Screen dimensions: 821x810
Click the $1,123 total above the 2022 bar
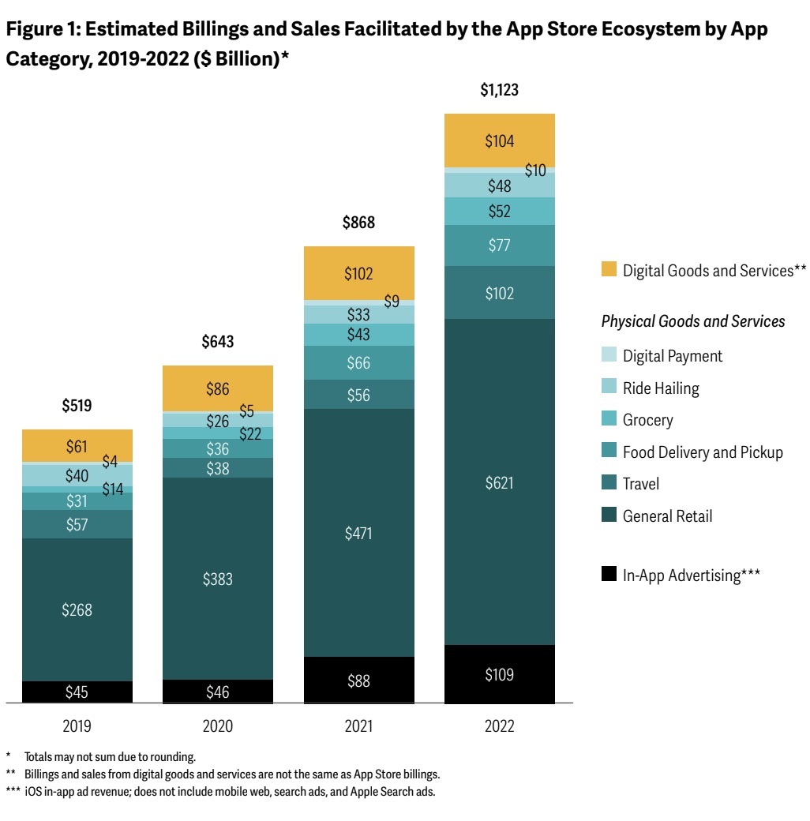click(499, 91)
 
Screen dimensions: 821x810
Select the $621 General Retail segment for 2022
click(499, 482)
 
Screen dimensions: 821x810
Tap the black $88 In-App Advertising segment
click(358, 680)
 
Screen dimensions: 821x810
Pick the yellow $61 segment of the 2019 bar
click(77, 447)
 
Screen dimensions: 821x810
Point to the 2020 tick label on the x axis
click(218, 726)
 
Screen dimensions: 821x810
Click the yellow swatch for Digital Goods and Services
click(609, 270)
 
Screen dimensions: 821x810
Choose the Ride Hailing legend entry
click(661, 388)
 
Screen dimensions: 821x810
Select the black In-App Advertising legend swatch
click(609, 575)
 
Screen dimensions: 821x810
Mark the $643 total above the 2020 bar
click(217, 343)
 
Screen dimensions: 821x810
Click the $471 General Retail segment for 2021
click(358, 534)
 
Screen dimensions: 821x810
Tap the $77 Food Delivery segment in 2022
click(499, 246)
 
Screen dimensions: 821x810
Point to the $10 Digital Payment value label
click(535, 171)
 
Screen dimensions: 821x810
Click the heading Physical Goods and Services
click(693, 321)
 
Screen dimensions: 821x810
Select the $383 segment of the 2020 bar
click(218, 579)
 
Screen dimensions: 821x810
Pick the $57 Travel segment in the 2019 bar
click(77, 524)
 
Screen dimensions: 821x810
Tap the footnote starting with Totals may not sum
click(110, 756)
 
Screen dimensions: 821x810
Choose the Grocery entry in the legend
click(647, 420)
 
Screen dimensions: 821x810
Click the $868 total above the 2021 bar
click(358, 223)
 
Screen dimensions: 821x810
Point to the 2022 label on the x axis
click(499, 726)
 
